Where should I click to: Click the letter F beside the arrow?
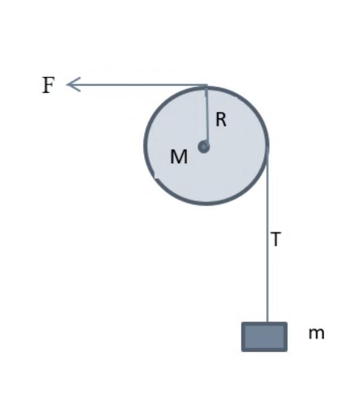48,86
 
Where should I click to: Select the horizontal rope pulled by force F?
138,84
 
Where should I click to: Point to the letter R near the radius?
221,120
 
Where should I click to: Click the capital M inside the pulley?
179,157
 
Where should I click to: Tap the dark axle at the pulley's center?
204,146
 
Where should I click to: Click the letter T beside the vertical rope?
276,240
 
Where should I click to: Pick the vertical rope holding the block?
267,239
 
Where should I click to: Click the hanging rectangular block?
264,337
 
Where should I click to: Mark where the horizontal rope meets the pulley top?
207,86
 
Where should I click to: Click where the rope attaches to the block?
267,323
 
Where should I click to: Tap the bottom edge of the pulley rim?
206,204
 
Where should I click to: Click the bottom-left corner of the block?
243,350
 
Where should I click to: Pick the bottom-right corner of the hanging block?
286,350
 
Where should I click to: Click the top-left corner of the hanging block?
243,324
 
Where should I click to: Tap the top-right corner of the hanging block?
286,324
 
